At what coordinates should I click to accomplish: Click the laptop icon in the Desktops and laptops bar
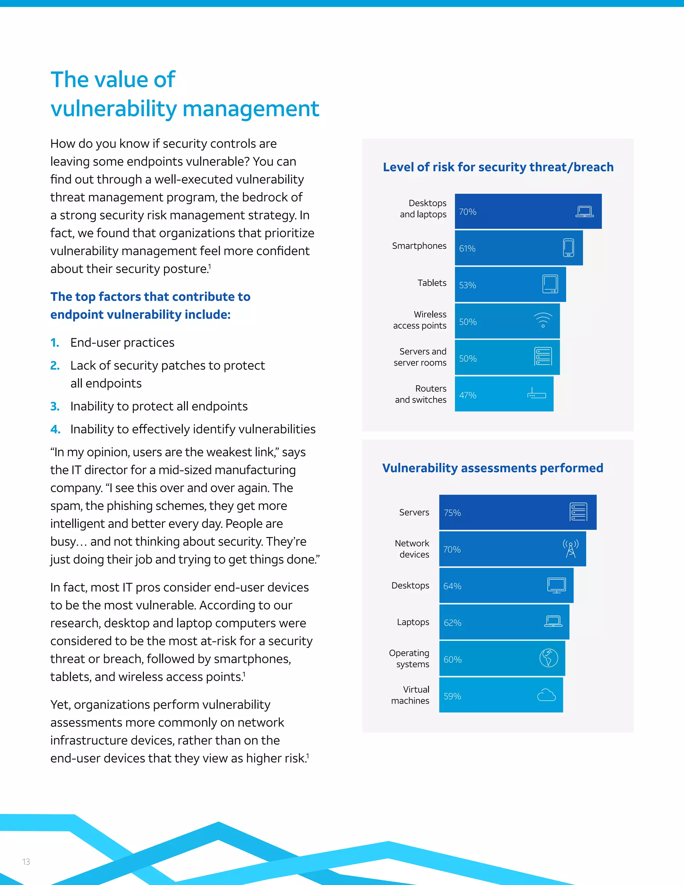pyautogui.click(x=584, y=211)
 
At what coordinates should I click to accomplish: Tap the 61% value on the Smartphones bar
pyautogui.click(x=467, y=248)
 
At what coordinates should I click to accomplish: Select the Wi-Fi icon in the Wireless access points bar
pyautogui.click(x=543, y=320)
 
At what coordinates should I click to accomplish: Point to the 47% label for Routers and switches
pyautogui.click(x=468, y=395)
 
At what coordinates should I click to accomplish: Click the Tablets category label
pyautogui.click(x=432, y=283)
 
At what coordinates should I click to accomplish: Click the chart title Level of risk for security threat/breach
pyautogui.click(x=498, y=167)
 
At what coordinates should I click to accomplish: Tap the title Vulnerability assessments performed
pyautogui.click(x=492, y=468)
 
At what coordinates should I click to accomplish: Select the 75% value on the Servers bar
pyautogui.click(x=452, y=513)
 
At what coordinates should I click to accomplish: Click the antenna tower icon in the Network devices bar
pyautogui.click(x=570, y=549)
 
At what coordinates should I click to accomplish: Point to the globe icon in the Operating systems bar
pyautogui.click(x=549, y=658)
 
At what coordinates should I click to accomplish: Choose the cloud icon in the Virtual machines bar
pyautogui.click(x=546, y=695)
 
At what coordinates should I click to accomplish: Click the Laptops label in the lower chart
pyautogui.click(x=413, y=622)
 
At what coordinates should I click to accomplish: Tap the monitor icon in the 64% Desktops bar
pyautogui.click(x=556, y=585)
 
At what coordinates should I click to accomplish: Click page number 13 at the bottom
pyautogui.click(x=26, y=862)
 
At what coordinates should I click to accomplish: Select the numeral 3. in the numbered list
pyautogui.click(x=55, y=406)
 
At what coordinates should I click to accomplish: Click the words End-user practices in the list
pyautogui.click(x=122, y=342)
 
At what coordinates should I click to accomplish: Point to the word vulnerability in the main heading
pyautogui.click(x=114, y=109)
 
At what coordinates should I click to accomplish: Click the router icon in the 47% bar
pyautogui.click(x=536, y=393)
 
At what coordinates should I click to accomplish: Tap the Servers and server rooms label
pyautogui.click(x=420, y=357)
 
